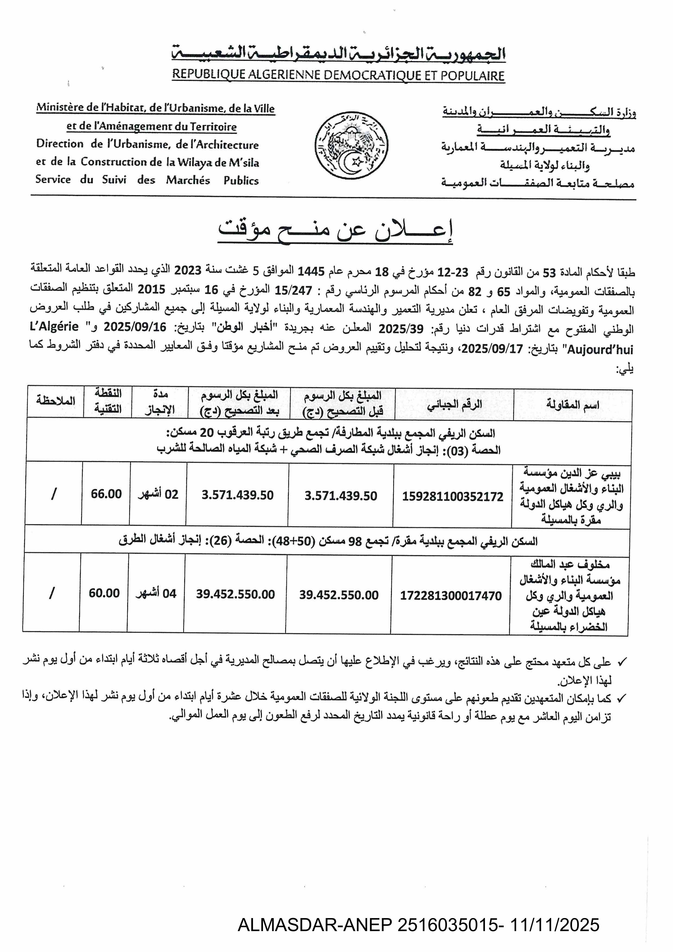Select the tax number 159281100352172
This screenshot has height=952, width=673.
tap(452, 496)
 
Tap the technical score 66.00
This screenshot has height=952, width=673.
tap(106, 494)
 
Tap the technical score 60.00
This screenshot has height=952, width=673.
tap(104, 593)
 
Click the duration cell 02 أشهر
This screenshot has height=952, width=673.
tap(158, 494)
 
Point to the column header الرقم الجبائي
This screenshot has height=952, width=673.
tap(455, 404)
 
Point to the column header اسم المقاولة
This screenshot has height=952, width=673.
tap(572, 405)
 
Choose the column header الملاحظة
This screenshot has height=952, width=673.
tap(56, 401)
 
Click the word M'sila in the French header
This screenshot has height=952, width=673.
tap(244, 163)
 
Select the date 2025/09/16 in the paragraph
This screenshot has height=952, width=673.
tap(135, 327)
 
